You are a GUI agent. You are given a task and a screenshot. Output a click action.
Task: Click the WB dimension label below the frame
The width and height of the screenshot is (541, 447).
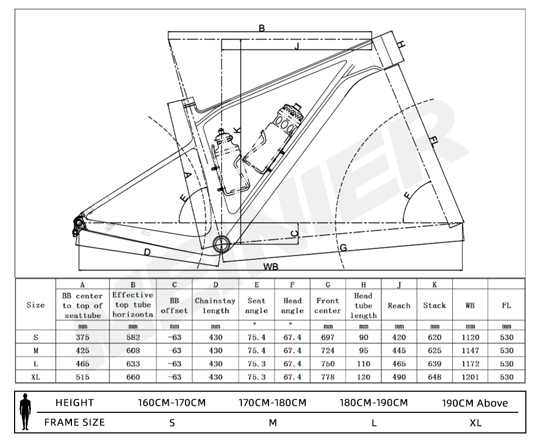click(271, 267)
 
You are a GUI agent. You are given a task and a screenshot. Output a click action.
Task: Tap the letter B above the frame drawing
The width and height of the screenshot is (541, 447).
click(262, 28)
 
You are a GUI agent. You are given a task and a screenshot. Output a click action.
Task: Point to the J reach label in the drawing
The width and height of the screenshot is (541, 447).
click(296, 47)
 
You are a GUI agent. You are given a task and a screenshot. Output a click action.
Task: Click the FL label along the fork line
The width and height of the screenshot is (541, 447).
click(433, 142)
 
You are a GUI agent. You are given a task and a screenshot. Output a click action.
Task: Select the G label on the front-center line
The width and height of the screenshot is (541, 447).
click(343, 248)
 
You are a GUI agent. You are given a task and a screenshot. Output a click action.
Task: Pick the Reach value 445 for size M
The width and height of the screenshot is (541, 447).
click(399, 351)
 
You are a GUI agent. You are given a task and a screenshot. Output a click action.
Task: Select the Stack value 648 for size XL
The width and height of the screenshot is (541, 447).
click(434, 377)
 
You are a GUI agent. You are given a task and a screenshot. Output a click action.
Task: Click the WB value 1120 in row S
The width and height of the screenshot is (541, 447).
click(470, 337)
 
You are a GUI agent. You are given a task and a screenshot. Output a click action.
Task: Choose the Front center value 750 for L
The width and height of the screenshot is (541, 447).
click(328, 364)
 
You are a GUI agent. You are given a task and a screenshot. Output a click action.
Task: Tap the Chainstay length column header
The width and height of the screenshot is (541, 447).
click(215, 306)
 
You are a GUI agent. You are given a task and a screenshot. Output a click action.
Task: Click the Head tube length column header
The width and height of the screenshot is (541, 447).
click(364, 306)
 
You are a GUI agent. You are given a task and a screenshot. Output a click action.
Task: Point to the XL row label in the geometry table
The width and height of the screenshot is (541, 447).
click(36, 377)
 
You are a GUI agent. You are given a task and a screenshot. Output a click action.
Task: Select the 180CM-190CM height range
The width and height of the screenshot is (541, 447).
click(373, 403)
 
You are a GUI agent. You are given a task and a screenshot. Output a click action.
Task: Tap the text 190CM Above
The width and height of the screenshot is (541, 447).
click(475, 403)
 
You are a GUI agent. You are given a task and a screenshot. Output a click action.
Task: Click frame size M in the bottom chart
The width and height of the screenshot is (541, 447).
click(273, 423)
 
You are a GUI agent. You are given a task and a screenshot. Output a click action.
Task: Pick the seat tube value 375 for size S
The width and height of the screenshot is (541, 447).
click(83, 337)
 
